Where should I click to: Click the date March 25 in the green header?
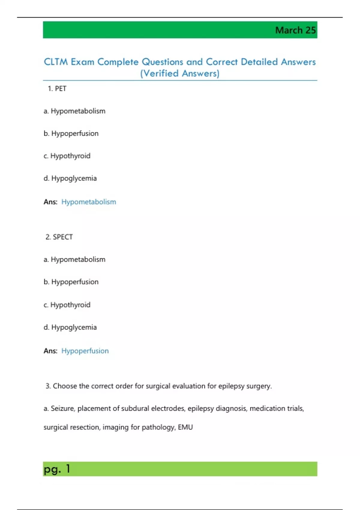[295, 30]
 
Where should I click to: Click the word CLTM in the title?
[55, 62]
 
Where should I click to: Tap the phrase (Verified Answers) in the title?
[180, 73]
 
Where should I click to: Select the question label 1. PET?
[57, 88]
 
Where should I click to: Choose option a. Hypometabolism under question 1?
[74, 111]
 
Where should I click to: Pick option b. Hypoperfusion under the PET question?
[71, 133]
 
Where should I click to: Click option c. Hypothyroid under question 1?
[67, 156]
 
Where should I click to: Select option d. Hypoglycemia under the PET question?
[70, 178]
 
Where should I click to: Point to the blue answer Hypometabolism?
[88, 202]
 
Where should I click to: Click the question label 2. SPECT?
[59, 237]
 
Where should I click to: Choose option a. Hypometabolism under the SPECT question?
[74, 259]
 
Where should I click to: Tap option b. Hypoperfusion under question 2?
[71, 282]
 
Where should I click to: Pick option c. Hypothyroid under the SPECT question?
[67, 305]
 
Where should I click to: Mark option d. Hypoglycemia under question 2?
[70, 327]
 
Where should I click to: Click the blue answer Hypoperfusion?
[85, 351]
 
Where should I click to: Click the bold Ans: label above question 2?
[50, 202]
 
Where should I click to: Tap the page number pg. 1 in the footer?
[57, 469]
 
